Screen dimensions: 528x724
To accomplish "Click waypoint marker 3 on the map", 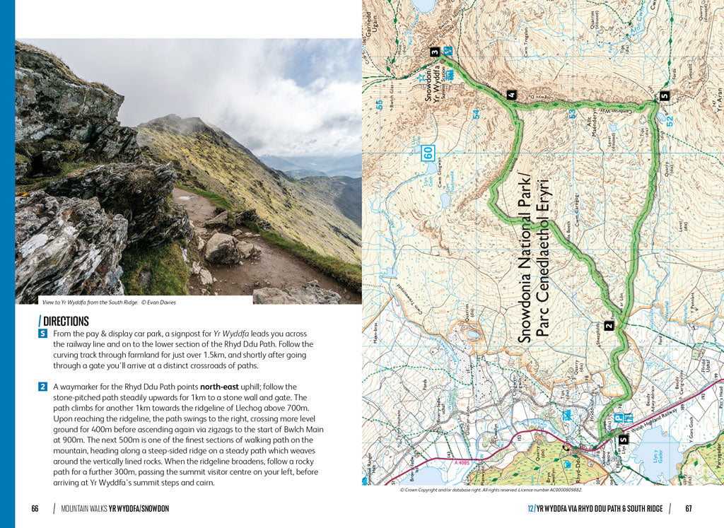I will pyautogui.click(x=435, y=52).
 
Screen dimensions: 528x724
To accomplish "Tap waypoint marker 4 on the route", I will pyautogui.click(x=510, y=95).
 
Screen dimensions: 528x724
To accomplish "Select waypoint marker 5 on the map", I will pyautogui.click(x=664, y=96).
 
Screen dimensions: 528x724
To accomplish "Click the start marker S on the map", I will pyautogui.click(x=623, y=440).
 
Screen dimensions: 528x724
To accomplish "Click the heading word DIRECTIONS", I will pyautogui.click(x=66, y=321).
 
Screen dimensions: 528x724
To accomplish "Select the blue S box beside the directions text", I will pyautogui.click(x=43, y=334).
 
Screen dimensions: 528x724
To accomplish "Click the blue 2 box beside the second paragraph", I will pyautogui.click(x=43, y=387).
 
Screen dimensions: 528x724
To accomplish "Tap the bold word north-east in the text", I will pyautogui.click(x=224, y=387).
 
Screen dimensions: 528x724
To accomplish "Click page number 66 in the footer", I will pyautogui.click(x=35, y=509).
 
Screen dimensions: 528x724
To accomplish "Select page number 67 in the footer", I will pyautogui.click(x=689, y=509).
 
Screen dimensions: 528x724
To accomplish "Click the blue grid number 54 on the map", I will pyautogui.click(x=476, y=113).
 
